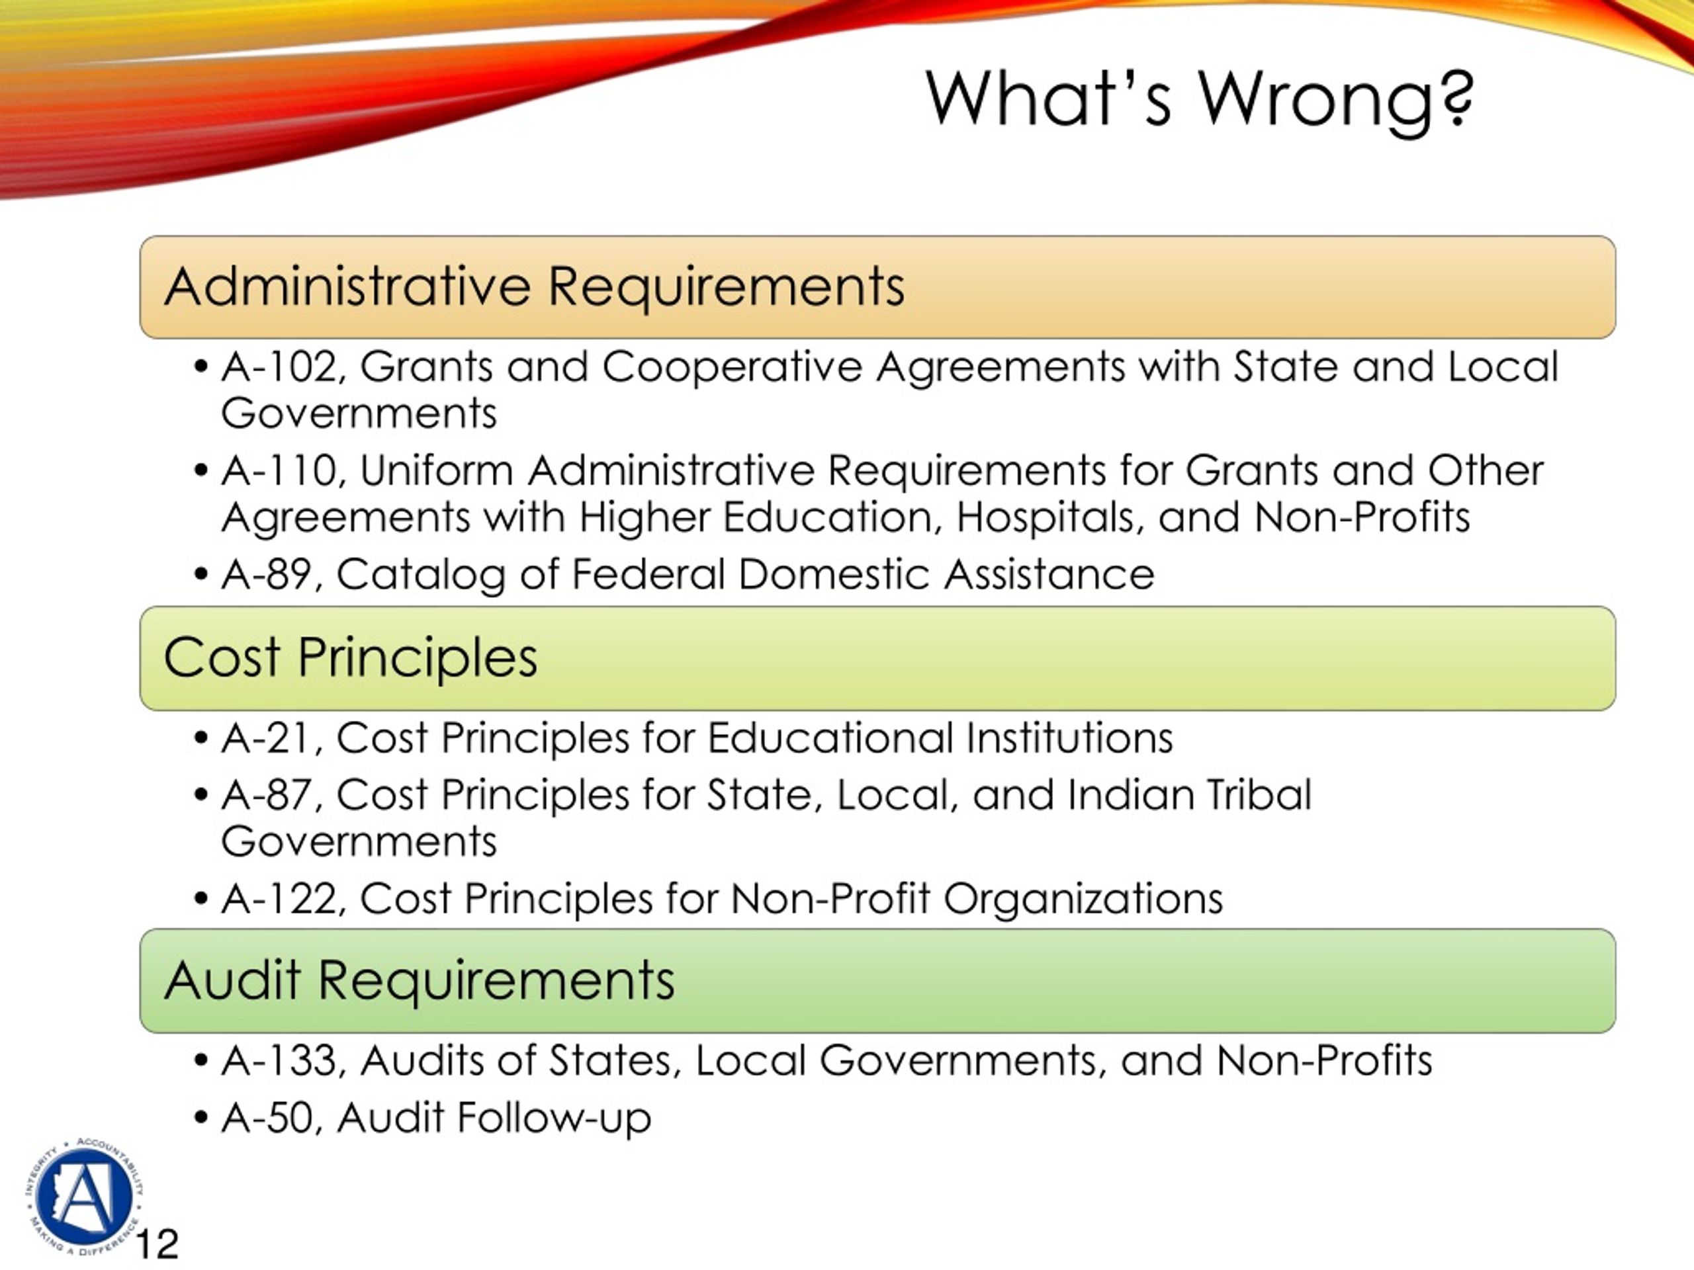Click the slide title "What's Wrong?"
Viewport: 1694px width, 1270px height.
tap(1199, 99)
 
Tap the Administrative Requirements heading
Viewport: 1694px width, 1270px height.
tap(534, 287)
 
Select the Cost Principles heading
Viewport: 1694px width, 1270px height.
tap(350, 657)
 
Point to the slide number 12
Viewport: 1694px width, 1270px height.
tap(157, 1244)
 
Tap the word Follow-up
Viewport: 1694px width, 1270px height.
tap(554, 1119)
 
